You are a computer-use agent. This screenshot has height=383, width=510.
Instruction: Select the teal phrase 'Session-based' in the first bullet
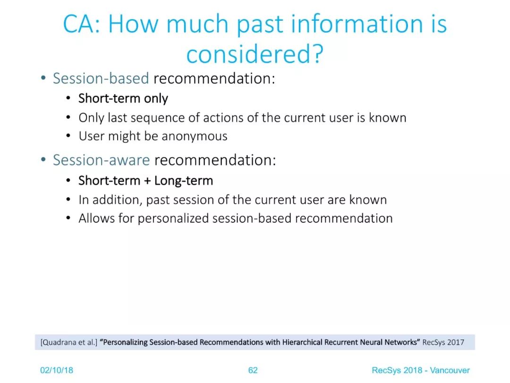tap(101, 78)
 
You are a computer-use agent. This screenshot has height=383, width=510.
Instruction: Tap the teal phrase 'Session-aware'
tap(102, 160)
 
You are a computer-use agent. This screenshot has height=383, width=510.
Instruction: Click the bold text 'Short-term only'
tap(123, 98)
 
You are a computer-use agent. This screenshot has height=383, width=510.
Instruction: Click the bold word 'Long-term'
tap(183, 181)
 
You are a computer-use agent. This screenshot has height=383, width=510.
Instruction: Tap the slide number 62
tap(253, 370)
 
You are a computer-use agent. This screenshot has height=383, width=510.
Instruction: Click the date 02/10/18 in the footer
tap(57, 370)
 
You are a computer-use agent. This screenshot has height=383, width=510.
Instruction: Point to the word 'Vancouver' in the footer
tap(450, 370)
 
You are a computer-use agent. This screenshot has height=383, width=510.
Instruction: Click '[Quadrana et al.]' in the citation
tap(69, 342)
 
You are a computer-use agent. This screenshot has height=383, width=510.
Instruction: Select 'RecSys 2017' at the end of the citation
tap(443, 342)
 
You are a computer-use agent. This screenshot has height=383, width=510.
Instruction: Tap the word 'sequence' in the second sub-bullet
tap(157, 118)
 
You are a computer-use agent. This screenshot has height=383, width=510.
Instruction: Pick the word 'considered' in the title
tap(246, 54)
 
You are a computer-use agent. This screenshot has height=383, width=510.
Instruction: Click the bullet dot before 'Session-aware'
tap(43, 160)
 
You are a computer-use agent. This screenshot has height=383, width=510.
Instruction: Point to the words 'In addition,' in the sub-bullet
tap(110, 200)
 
